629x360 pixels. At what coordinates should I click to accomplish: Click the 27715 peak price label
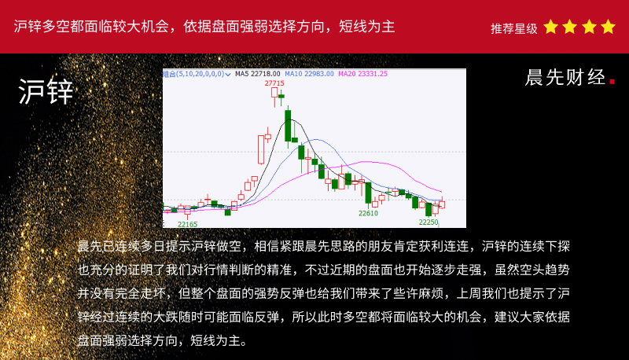[274, 83]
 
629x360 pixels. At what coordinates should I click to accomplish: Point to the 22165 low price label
[187, 224]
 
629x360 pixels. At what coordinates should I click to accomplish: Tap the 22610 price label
[368, 213]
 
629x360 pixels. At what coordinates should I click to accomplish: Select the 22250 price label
[429, 222]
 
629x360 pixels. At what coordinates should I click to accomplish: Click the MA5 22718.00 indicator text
[258, 74]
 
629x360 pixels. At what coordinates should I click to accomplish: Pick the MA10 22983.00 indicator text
[309, 74]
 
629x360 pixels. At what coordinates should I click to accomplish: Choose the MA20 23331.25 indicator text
[363, 74]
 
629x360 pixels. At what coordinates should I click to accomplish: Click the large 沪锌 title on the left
[46, 91]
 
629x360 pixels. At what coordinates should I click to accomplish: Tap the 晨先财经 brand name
[565, 77]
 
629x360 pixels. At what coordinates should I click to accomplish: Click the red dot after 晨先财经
[612, 82]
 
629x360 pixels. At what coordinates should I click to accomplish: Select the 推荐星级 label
[514, 28]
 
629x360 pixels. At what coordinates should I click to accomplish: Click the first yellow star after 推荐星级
[551, 27]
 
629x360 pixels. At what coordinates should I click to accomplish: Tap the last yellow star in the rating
[608, 27]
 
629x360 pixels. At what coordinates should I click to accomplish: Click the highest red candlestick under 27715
[274, 93]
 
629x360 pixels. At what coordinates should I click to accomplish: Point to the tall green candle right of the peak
[288, 126]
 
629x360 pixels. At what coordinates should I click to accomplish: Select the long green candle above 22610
[368, 193]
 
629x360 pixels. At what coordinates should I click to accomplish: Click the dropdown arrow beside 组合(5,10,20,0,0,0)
[228, 74]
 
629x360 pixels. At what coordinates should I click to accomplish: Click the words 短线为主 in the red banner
[367, 27]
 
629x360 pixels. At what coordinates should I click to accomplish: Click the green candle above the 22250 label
[429, 209]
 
